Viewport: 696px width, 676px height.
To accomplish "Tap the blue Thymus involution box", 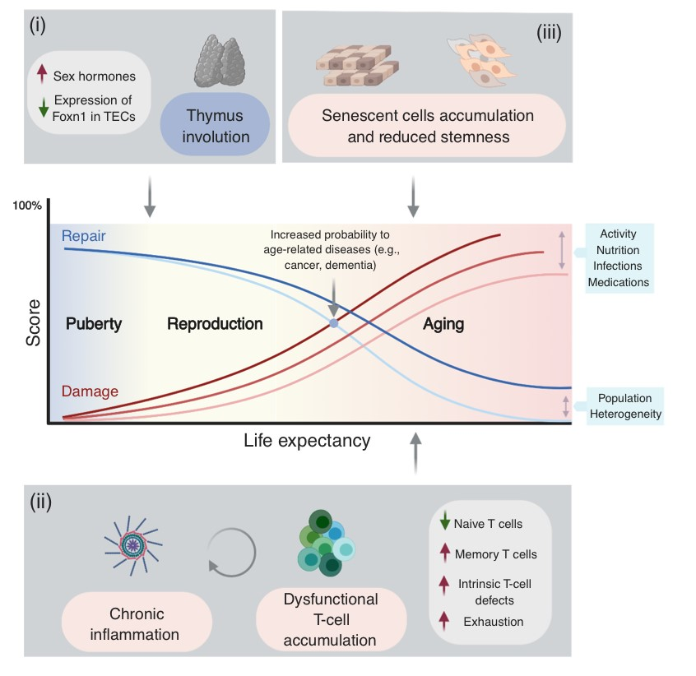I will point(215,126).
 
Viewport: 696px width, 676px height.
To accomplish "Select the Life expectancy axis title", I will point(307,440).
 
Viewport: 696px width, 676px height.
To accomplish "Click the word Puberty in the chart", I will point(94,323).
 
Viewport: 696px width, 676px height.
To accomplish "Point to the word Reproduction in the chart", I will point(215,323).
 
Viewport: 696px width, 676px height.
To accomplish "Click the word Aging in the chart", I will point(443,324).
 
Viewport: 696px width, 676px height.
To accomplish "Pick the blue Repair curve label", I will point(84,236).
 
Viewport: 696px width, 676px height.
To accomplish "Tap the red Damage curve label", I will point(90,391).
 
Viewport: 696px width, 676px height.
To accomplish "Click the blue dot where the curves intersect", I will point(333,323).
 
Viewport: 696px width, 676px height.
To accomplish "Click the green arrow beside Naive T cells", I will point(445,522).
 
